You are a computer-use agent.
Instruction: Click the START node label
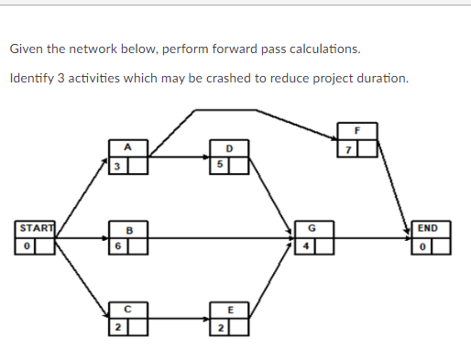[33, 228]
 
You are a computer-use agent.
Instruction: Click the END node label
[428, 228]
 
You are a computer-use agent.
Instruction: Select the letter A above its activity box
[129, 147]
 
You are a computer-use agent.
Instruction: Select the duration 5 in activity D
[220, 164]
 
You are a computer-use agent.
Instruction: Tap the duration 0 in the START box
[27, 245]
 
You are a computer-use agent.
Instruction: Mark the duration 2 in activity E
[220, 327]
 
